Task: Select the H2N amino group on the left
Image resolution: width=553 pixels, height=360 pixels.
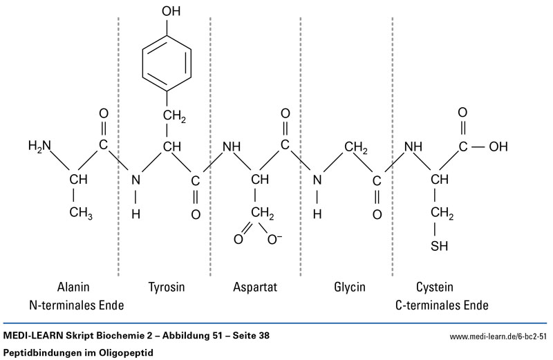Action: coord(39,146)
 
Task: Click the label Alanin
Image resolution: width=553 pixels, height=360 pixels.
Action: coord(73,286)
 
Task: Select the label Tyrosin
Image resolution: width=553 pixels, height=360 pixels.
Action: coord(166,286)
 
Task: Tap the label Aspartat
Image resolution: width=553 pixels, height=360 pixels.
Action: coord(256,286)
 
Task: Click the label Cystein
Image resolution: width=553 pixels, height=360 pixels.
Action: coord(435,286)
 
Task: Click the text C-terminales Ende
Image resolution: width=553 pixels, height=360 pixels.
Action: coord(442,304)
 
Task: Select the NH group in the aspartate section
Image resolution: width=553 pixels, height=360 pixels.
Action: coord(232,146)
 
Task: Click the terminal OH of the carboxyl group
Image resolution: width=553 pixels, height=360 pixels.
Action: coord(498,146)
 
